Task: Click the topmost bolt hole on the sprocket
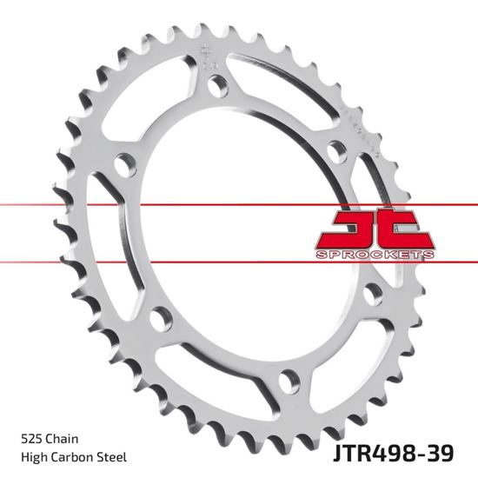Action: click(x=216, y=84)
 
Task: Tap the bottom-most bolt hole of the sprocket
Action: click(x=287, y=380)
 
